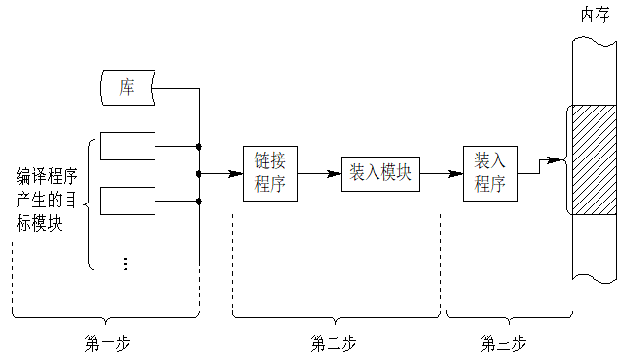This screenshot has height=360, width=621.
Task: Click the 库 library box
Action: [127, 88]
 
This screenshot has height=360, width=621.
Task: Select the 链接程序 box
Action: [269, 173]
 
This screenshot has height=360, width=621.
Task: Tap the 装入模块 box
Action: [380, 173]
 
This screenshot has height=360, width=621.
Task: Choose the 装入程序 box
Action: [489, 173]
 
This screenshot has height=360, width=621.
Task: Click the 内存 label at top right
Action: [595, 15]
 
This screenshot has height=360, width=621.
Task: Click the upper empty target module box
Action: [127, 146]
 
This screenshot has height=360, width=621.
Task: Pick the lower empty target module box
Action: [127, 201]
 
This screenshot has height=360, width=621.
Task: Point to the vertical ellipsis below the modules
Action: [125, 263]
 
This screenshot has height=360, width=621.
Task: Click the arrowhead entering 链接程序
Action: [236, 174]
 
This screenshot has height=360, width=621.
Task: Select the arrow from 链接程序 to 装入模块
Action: [319, 174]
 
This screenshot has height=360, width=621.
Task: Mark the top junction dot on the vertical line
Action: [199, 146]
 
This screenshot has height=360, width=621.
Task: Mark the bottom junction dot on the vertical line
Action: [199, 202]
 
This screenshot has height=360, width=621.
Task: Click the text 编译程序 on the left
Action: [47, 176]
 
